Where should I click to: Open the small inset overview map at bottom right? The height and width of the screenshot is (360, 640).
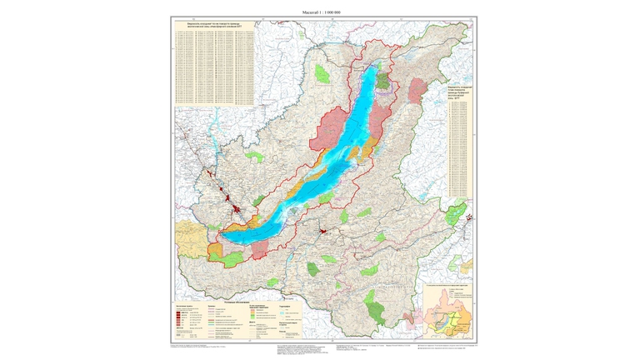448,312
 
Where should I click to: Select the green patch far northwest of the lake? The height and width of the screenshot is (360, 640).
322,74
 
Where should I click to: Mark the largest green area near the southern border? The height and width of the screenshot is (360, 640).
377,309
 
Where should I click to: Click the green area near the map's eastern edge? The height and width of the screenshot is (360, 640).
457,214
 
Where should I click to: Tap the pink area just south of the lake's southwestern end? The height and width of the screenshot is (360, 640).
260,248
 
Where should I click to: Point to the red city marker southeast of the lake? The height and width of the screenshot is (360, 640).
321,225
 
